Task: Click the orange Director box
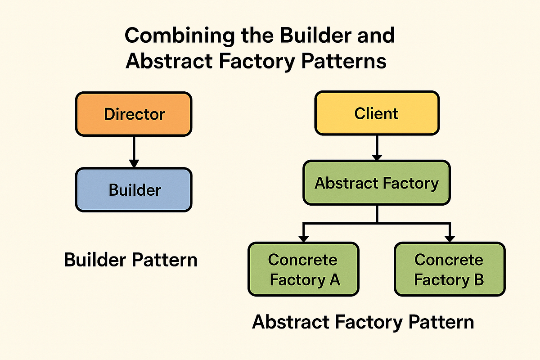(134, 113)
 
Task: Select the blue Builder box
(134, 189)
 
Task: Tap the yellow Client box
(376, 113)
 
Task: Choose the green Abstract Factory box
(376, 183)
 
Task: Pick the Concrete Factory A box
(304, 269)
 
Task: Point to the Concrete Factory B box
(449, 269)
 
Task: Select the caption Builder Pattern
(130, 260)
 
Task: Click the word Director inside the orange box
(135, 114)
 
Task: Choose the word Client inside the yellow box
(376, 113)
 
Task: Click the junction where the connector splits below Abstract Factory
(377, 223)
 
